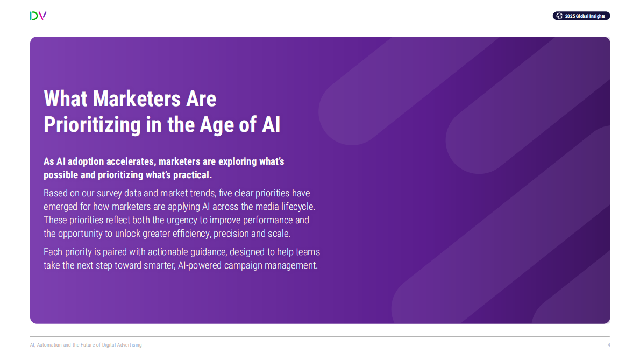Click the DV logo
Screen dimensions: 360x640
click(38, 16)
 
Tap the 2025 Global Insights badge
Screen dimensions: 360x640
click(581, 16)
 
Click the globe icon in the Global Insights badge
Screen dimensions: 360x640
click(560, 16)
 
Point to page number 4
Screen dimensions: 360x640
click(608, 345)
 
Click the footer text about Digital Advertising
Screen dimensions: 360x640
click(86, 345)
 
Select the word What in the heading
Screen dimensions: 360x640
click(66, 99)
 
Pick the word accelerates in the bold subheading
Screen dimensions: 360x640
click(129, 161)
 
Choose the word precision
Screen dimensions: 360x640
click(230, 234)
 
